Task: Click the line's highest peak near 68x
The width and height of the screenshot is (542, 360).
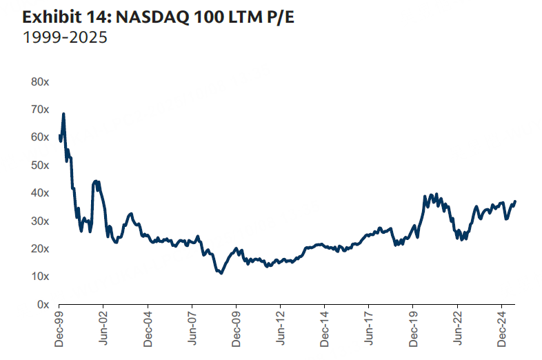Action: [63, 114]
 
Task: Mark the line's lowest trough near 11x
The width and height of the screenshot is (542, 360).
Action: [221, 274]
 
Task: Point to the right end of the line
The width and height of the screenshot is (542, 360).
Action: [515, 201]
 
